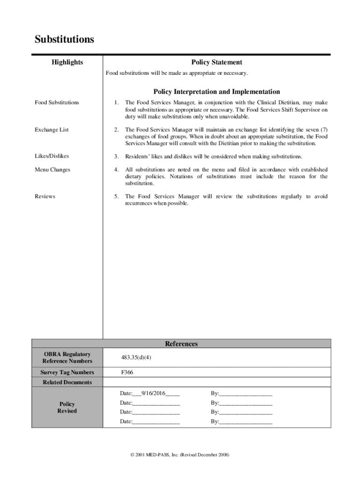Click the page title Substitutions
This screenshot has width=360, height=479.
coord(64,39)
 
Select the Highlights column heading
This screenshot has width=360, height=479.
coord(67,62)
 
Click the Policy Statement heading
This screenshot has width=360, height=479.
coord(216,62)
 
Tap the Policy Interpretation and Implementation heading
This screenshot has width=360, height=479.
coord(216,92)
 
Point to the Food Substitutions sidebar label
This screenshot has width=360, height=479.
coord(57,102)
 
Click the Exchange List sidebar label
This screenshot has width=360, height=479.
coord(51,130)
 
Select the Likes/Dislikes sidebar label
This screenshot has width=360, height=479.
coord(52,156)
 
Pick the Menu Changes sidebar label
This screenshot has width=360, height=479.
coord(52,170)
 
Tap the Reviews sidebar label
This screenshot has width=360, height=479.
coord(45,196)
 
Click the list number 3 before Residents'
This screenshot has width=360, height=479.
coord(116,156)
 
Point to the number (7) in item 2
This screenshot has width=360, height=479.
coord(323,130)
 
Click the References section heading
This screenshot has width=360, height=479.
coord(181,344)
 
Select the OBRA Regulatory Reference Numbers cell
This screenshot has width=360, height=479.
coord(67,358)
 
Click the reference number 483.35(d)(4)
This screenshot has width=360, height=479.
coord(136,358)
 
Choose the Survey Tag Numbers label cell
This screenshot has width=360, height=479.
coord(67,372)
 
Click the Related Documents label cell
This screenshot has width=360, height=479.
coord(67,382)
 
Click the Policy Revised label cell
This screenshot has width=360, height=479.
coord(67,407)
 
